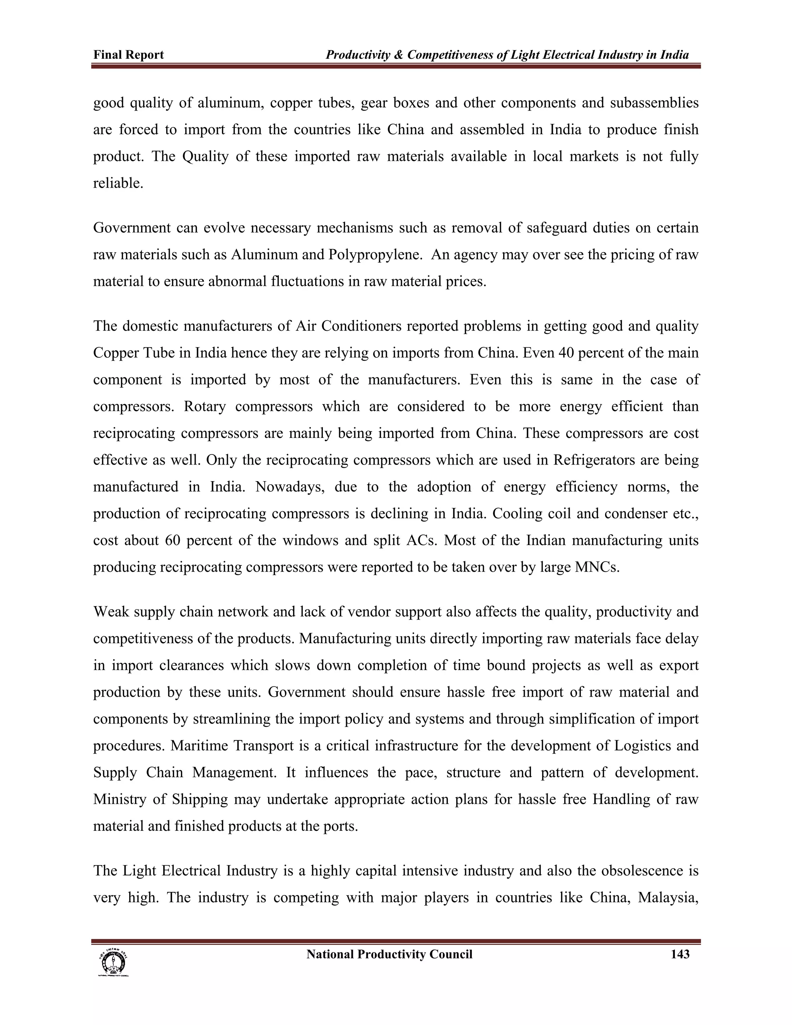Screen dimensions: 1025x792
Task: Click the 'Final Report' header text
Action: click(128, 55)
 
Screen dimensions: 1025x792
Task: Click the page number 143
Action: click(680, 954)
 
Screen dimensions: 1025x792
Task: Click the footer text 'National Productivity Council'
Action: click(389, 954)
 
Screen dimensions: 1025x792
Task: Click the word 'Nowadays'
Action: click(290, 487)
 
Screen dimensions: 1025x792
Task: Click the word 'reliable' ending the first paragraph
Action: click(117, 183)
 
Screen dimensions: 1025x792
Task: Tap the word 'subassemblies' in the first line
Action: click(654, 103)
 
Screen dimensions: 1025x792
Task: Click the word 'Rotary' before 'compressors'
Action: click(205, 407)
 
